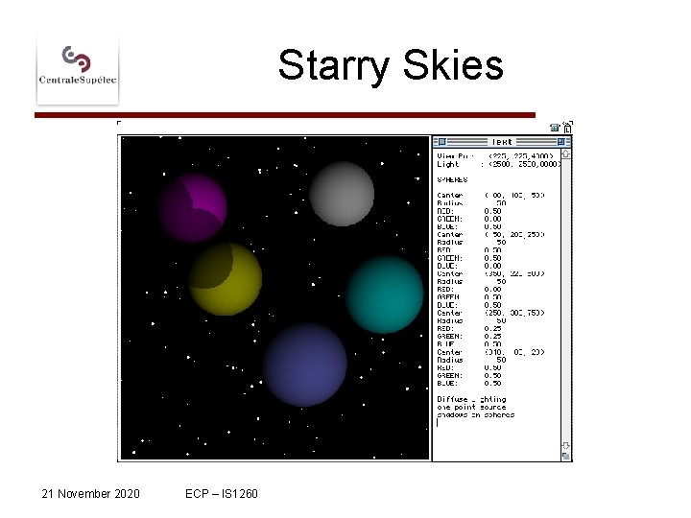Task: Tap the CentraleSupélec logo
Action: click(78, 66)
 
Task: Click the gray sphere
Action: click(342, 194)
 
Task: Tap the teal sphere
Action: click(385, 294)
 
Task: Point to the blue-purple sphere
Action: click(304, 365)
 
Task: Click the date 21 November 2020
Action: click(90, 493)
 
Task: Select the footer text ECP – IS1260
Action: click(215, 493)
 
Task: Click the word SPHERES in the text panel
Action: click(452, 179)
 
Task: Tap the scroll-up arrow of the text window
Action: click(566, 153)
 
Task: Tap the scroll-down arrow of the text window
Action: click(566, 445)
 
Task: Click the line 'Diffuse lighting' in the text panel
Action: click(471, 399)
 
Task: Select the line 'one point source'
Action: click(471, 407)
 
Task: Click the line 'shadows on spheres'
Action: click(475, 414)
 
